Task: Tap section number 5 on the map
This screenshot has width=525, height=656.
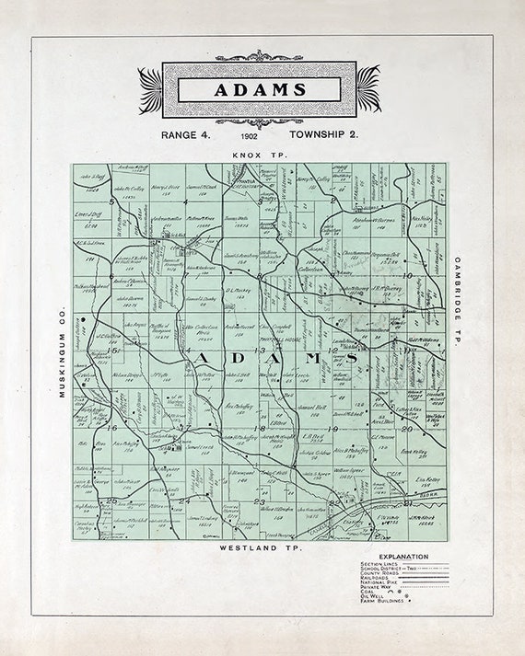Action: pyautogui.click(x=111, y=199)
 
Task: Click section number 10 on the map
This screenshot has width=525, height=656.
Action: pyautogui.click(x=406, y=275)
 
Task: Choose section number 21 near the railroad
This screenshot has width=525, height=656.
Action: pyautogui.click(x=406, y=505)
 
